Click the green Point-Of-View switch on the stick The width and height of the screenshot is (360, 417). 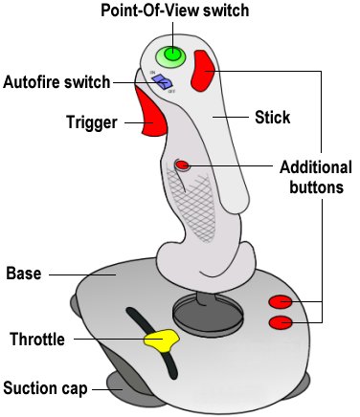coord(172,55)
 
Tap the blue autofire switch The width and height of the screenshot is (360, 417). coord(164,83)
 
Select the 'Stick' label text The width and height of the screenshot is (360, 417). coord(274,118)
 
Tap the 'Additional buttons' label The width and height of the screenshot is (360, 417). coord(315,176)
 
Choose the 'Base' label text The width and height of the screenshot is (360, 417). coord(23,273)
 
